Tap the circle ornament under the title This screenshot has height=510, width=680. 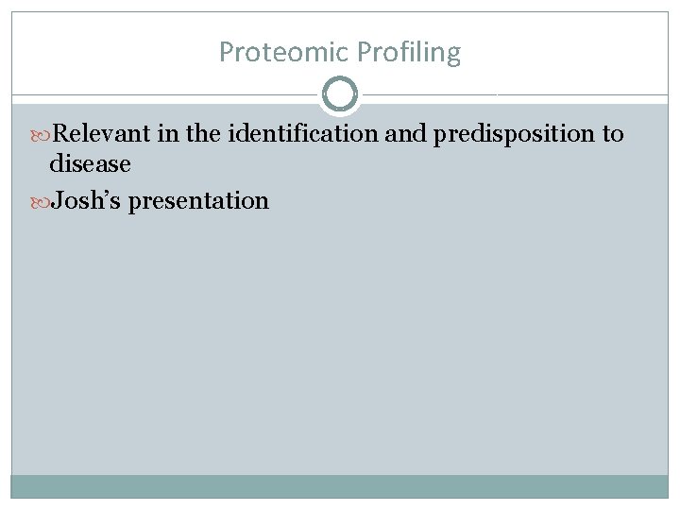(x=340, y=94)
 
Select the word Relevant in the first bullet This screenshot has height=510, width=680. (x=107, y=134)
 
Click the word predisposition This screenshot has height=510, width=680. (x=514, y=134)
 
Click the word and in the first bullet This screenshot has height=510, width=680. (x=406, y=134)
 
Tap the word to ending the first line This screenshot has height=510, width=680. (x=612, y=134)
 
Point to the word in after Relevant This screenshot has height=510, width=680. (x=169, y=134)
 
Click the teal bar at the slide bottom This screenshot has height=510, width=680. (x=340, y=485)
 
